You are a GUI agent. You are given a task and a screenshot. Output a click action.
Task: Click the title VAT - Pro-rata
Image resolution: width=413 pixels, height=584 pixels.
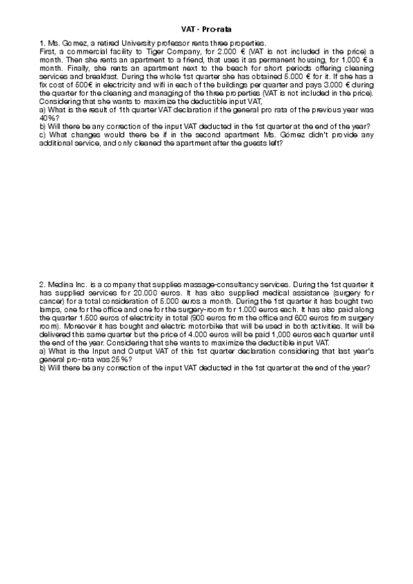click(x=206, y=31)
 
